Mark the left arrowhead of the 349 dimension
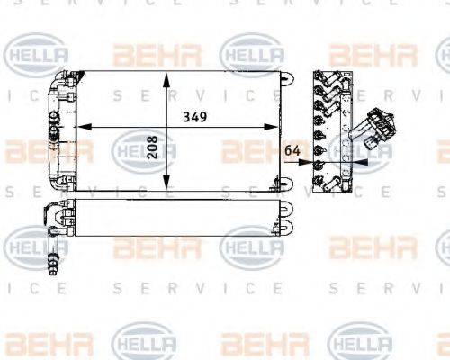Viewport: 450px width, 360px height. (x=77, y=128)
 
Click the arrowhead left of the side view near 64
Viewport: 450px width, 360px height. (x=306, y=163)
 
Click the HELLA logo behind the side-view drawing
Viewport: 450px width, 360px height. (x=356, y=146)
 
